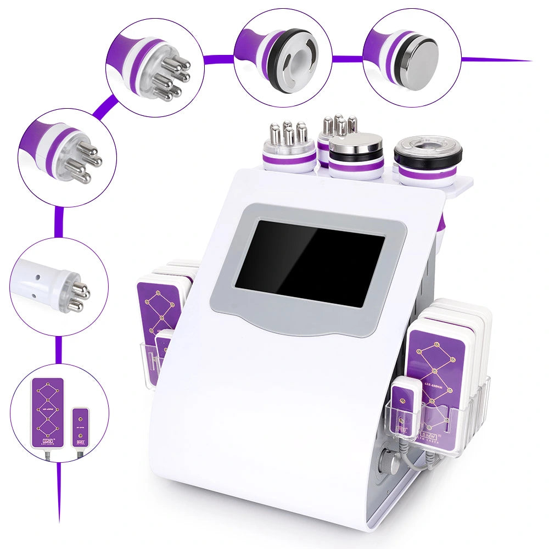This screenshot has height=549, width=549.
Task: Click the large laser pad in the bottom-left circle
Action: (48, 412)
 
